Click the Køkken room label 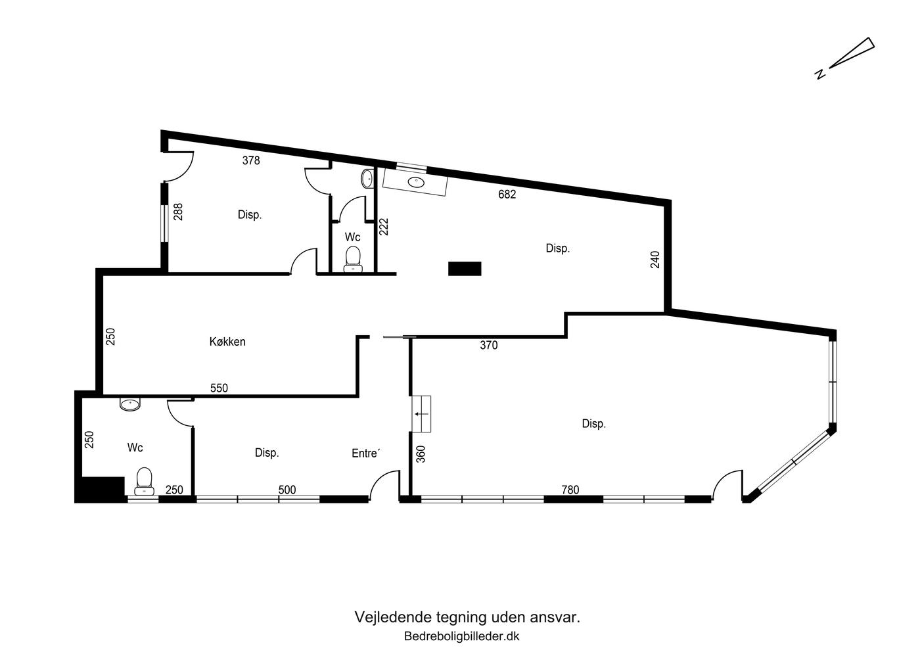click(x=227, y=342)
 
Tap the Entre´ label click(x=365, y=453)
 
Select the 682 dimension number click(x=507, y=195)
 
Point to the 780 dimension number click(x=570, y=490)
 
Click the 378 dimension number click(x=251, y=160)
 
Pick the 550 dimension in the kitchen click(x=219, y=388)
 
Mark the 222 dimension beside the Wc click(x=384, y=226)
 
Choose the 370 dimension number click(x=489, y=346)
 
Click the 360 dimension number click(x=421, y=454)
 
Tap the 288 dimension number click(x=178, y=212)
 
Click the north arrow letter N click(x=820, y=74)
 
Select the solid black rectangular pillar click(x=465, y=269)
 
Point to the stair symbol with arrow click(x=421, y=414)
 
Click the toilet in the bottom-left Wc click(x=144, y=481)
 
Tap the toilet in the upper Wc click(x=353, y=260)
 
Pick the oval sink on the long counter click(x=417, y=181)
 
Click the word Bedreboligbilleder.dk click(x=461, y=636)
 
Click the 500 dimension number click(x=287, y=490)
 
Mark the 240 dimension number click(x=655, y=260)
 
